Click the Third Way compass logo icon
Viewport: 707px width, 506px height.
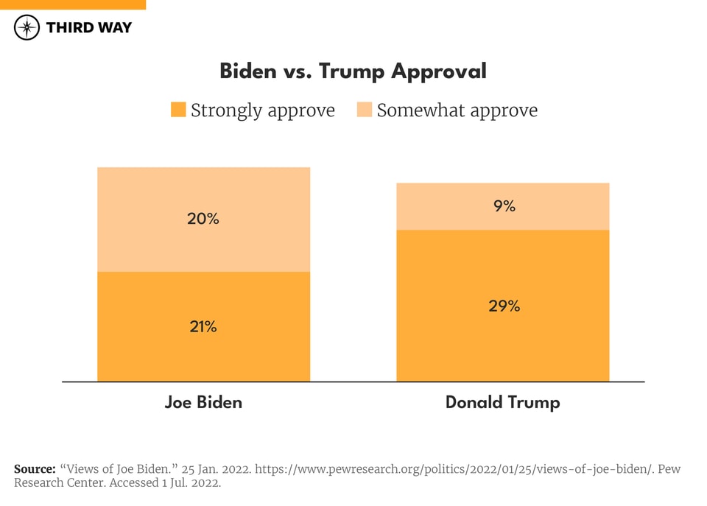27,28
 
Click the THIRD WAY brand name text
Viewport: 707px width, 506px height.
88,28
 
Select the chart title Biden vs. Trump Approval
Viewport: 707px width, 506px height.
353,71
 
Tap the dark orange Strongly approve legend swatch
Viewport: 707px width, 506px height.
178,110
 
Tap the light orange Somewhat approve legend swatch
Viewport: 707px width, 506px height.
365,110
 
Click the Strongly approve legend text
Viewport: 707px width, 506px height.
262,110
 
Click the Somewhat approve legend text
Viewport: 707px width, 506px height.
457,110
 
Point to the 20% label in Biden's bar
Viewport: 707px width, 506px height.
203,219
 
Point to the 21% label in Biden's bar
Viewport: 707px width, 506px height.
203,326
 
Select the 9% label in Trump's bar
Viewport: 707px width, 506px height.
504,206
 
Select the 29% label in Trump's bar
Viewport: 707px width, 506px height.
504,306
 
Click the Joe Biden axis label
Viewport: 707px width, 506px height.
203,402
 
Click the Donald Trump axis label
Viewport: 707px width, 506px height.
503,402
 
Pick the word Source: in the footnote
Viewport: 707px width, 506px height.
35,469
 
